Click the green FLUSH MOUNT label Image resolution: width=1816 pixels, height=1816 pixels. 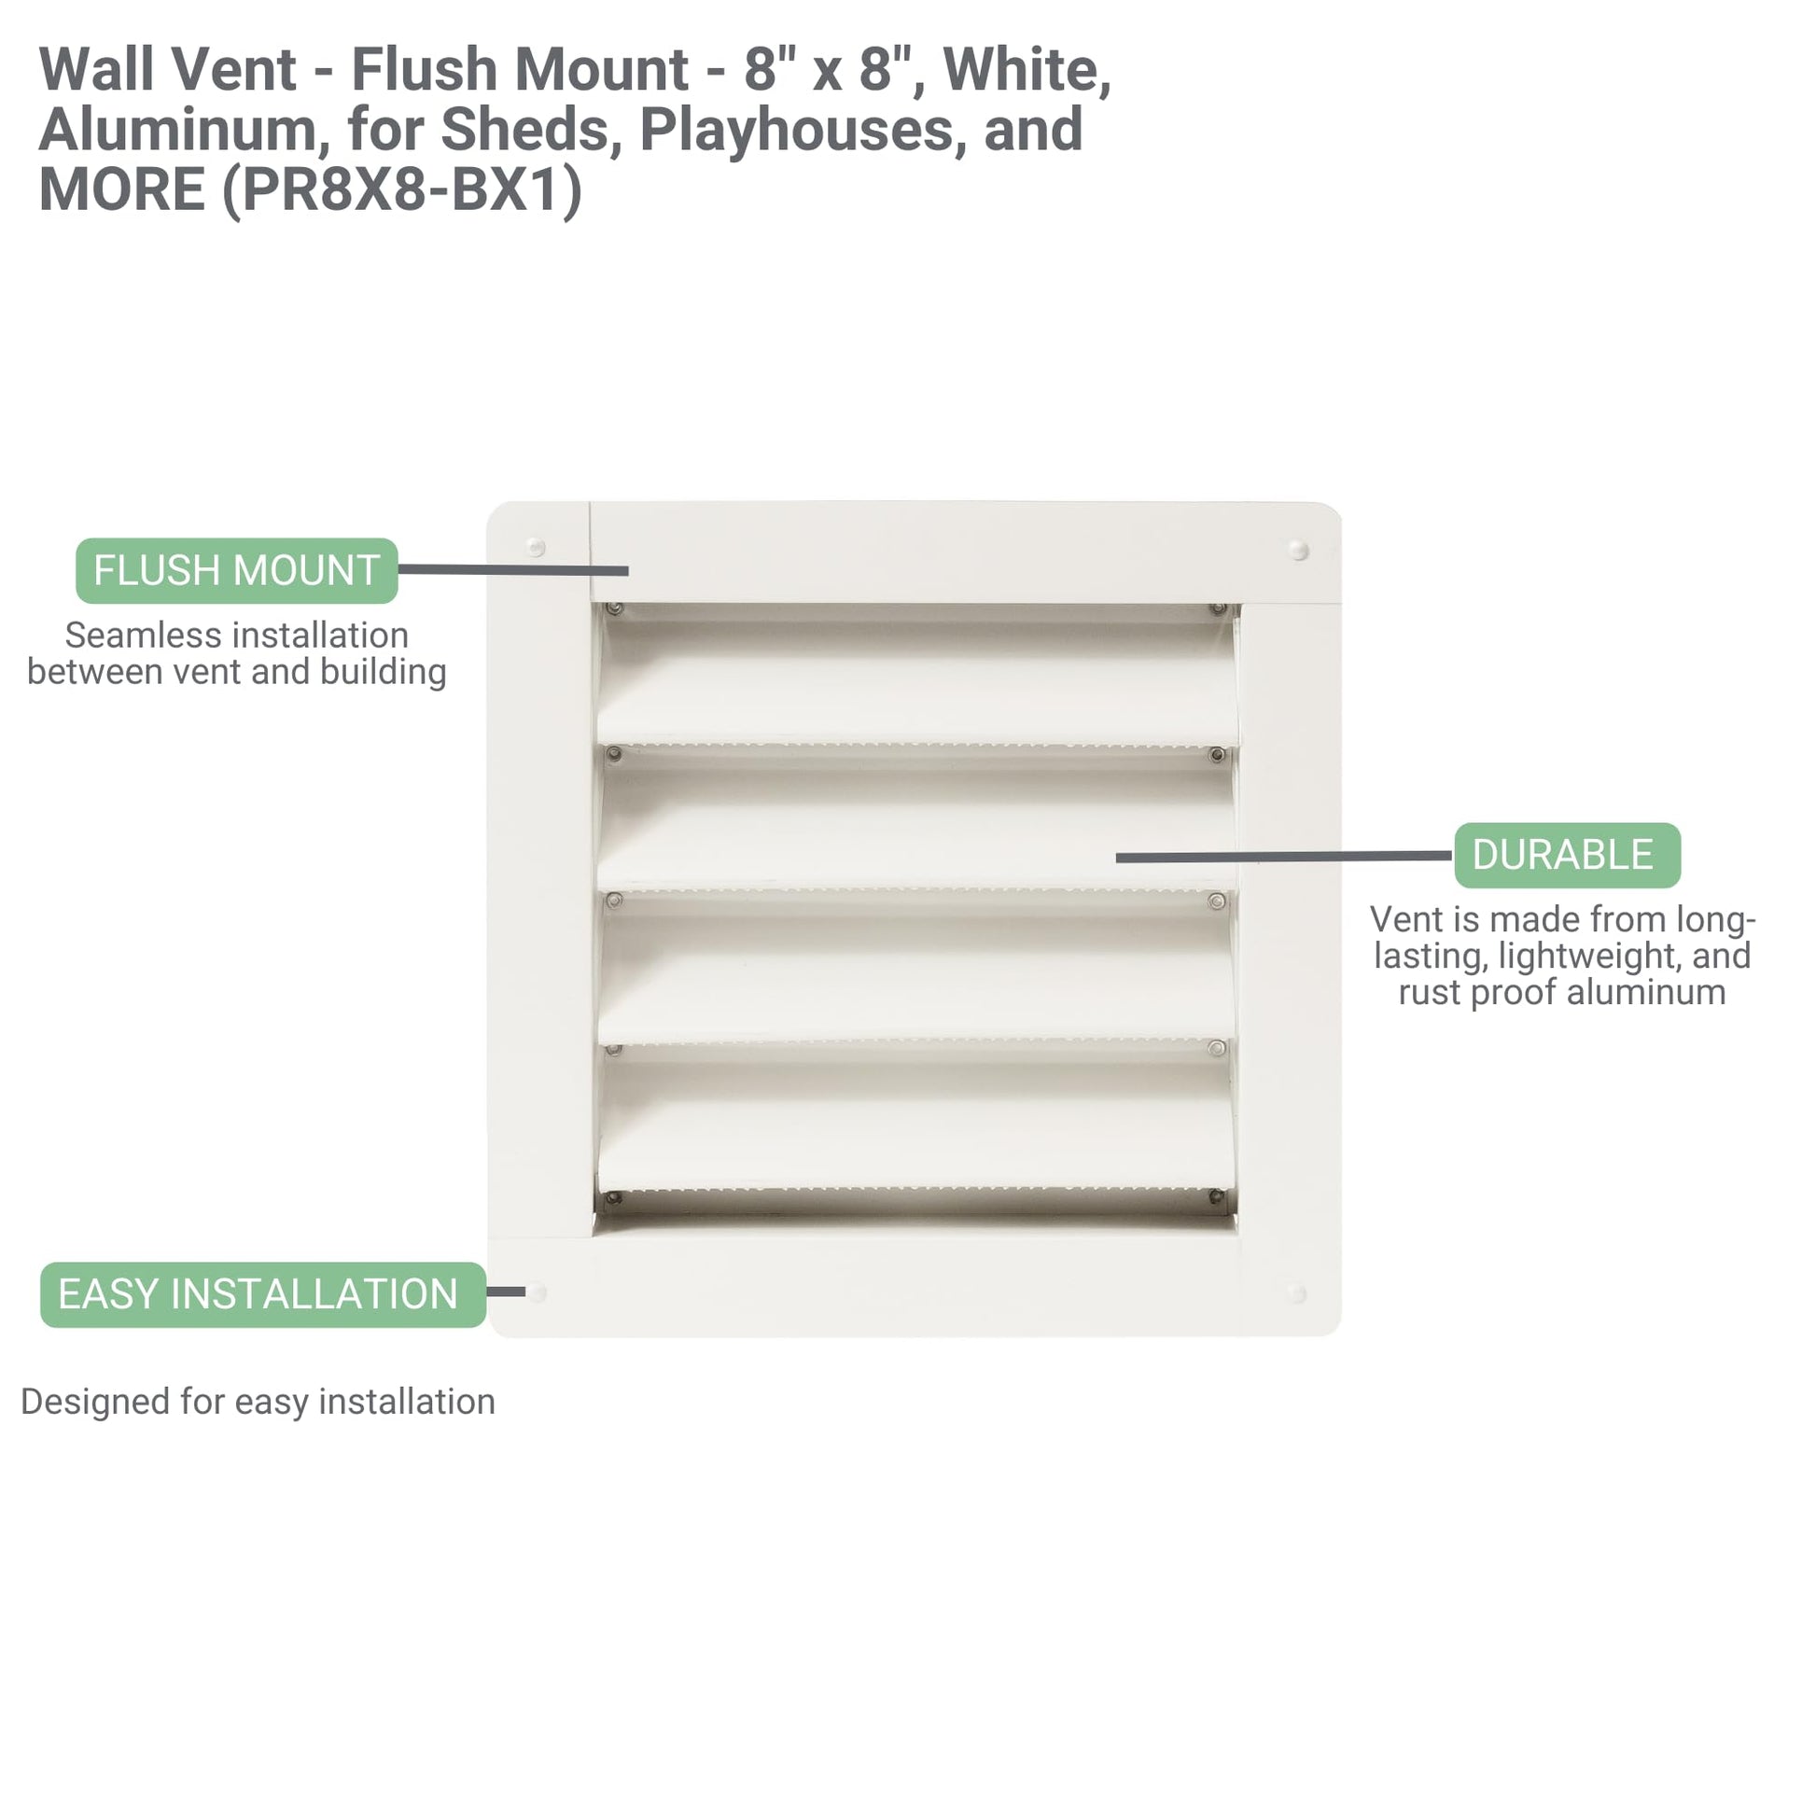coord(237,570)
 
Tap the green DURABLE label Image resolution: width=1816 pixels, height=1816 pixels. coord(1567,856)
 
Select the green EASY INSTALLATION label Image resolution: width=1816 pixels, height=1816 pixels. coord(263,1294)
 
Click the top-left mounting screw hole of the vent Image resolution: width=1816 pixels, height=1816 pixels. coord(536,547)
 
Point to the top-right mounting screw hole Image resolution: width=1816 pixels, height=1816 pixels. coord(1299,550)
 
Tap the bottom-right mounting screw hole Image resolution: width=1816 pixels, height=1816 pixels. coord(1297,1293)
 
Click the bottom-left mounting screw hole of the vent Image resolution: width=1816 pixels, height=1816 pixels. coord(537,1293)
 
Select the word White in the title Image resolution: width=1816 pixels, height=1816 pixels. coord(1027,71)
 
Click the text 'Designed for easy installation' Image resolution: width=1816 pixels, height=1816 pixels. coord(258,1402)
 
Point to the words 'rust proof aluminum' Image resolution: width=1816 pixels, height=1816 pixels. coord(1561,992)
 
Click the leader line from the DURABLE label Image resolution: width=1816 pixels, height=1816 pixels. coord(1284,857)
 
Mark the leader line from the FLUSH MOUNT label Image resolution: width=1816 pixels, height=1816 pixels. coord(513,569)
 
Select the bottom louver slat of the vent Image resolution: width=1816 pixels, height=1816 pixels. coord(915,1125)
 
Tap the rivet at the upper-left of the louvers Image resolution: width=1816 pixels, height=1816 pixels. coord(614,609)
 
